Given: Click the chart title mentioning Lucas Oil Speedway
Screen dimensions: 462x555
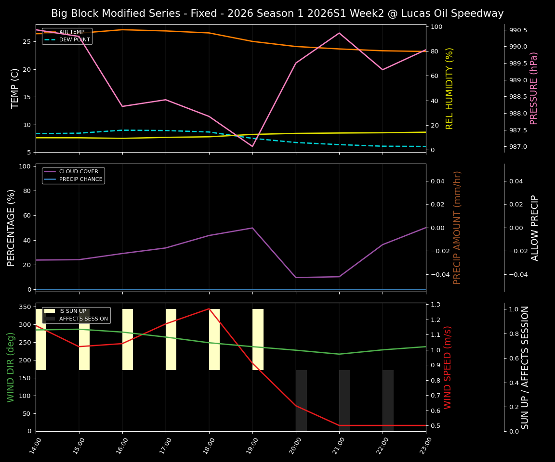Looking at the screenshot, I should [x=277, y=13].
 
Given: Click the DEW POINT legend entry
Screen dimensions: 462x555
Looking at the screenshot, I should [x=74, y=39].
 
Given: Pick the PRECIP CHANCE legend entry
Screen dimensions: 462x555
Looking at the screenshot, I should [x=80, y=180].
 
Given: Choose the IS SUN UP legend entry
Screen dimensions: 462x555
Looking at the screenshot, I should [x=72, y=311].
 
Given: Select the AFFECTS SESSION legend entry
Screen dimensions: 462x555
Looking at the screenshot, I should [x=83, y=319].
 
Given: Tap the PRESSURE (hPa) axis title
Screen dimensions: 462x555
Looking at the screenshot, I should [x=533, y=88].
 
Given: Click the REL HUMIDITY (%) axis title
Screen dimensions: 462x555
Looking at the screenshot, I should [x=449, y=88].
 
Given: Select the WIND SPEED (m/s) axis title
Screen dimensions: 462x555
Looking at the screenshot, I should [x=448, y=367].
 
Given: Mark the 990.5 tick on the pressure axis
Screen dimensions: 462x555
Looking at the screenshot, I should [x=518, y=30].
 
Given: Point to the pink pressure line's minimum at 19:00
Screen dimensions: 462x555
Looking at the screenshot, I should [x=252, y=146].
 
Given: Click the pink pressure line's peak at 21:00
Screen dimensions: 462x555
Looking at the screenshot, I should [x=339, y=33].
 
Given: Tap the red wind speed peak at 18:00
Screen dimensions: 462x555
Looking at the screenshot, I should [x=209, y=308].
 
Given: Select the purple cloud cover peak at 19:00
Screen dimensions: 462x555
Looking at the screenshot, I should [x=252, y=228].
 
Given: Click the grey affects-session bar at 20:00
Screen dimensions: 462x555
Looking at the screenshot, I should [x=301, y=400].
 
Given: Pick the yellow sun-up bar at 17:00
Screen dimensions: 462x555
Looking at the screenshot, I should [x=171, y=339].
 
